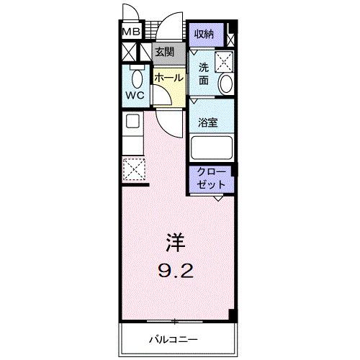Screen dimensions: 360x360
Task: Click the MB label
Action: (130, 32)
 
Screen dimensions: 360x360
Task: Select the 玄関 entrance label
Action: (163, 52)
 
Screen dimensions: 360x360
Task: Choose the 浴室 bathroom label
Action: (210, 122)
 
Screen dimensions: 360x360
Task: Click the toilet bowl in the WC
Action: (135, 74)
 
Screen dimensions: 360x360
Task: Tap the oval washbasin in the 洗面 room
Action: (226, 85)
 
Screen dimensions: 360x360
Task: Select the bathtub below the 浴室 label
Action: (212, 147)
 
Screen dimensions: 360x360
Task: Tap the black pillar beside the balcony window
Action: (232, 315)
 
